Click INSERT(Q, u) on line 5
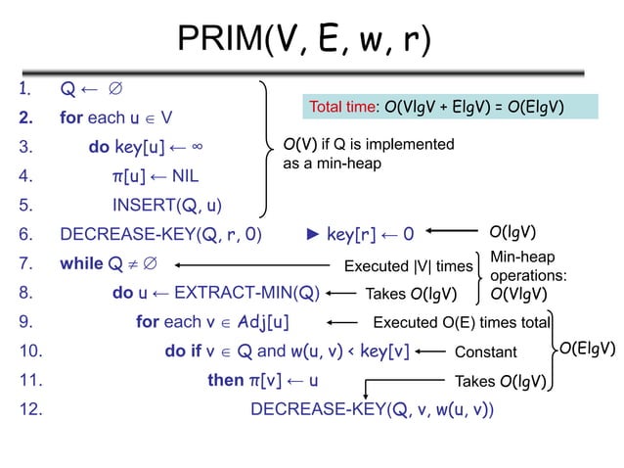pyautogui.click(x=166, y=206)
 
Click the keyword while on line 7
pyautogui.click(x=82, y=263)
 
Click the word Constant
pyautogui.click(x=486, y=351)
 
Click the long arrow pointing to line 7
pyautogui.click(x=255, y=264)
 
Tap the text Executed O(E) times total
pyautogui.click(x=463, y=321)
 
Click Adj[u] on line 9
pyautogui.click(x=256, y=321)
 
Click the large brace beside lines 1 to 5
pyautogui.click(x=266, y=147)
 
